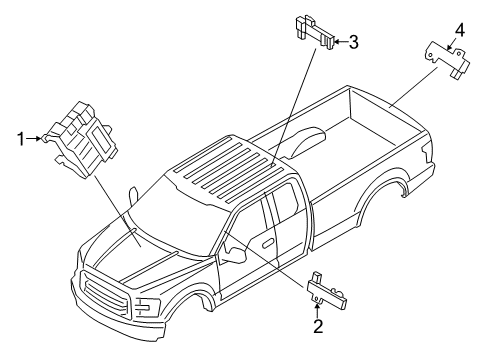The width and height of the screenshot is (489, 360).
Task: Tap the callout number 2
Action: [x=318, y=325]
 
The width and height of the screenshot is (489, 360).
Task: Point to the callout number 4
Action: [x=459, y=29]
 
